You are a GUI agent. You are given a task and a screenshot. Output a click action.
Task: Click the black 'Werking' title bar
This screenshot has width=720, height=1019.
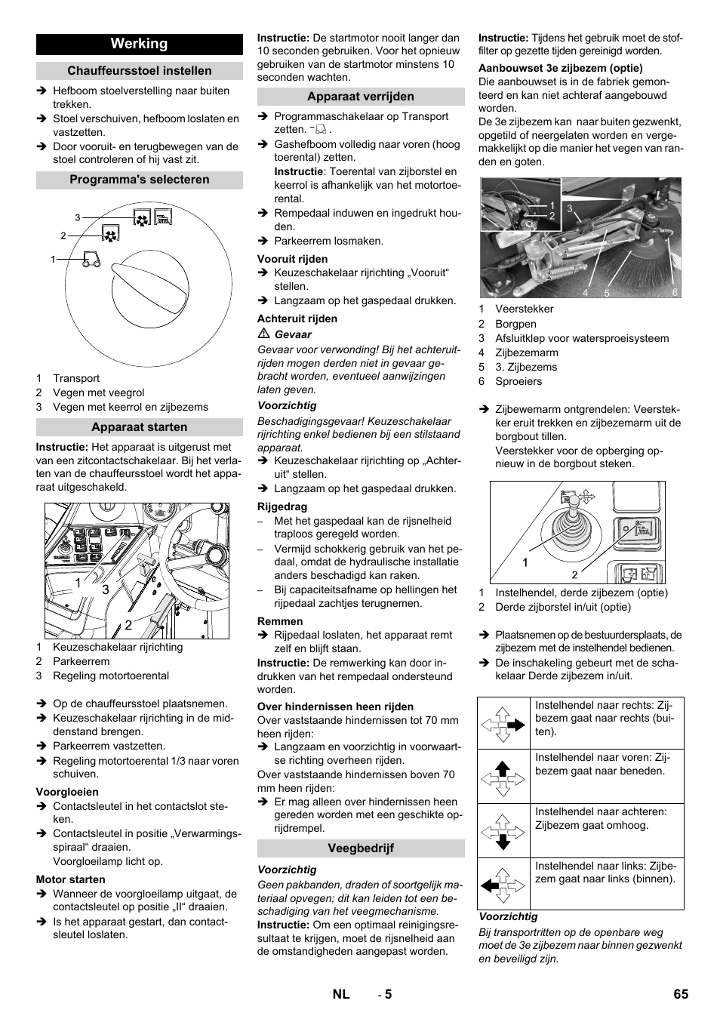[x=140, y=44]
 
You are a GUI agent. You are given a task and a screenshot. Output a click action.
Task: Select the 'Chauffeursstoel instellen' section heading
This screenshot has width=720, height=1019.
[x=140, y=71]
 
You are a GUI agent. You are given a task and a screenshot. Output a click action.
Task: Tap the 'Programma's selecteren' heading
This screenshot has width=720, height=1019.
[x=140, y=180]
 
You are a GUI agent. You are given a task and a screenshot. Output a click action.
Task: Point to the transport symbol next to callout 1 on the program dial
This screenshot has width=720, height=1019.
[x=91, y=260]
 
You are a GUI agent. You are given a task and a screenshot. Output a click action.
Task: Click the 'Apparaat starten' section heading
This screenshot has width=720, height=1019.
[x=140, y=427]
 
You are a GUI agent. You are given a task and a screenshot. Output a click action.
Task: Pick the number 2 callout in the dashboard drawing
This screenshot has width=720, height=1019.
[x=128, y=625]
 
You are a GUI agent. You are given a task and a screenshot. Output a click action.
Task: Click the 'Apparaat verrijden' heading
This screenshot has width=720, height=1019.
[x=361, y=97]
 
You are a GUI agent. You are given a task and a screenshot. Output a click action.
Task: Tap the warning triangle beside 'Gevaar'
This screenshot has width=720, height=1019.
[x=264, y=334]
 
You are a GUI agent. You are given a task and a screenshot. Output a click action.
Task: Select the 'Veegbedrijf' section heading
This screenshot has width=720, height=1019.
[x=361, y=848]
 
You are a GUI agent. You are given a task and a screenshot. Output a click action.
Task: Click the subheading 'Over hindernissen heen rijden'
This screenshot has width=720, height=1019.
[x=335, y=707]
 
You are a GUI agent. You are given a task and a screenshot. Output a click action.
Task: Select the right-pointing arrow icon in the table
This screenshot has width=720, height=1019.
[x=503, y=724]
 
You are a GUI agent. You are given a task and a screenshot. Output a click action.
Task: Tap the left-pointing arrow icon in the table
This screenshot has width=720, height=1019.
[x=503, y=884]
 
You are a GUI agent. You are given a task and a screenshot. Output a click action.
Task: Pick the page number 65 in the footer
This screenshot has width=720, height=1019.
[x=681, y=994]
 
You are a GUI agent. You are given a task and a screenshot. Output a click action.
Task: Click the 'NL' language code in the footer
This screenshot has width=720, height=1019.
[x=341, y=994]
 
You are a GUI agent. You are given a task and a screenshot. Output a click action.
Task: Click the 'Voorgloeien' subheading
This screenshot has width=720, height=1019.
[x=67, y=792]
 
